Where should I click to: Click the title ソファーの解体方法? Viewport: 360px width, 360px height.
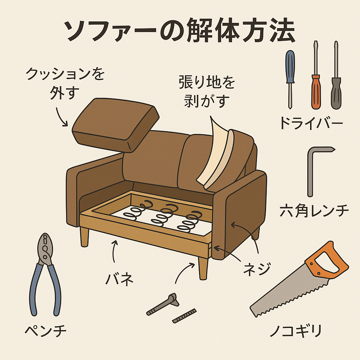(x=180, y=31)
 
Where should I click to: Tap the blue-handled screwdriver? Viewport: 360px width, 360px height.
(x=290, y=79)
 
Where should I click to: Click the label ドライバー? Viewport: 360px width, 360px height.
(x=311, y=123)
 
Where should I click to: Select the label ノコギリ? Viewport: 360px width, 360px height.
(x=296, y=330)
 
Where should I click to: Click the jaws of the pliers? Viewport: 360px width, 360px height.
(x=45, y=247)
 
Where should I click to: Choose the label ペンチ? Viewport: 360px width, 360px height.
(x=46, y=330)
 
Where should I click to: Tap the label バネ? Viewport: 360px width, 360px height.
(x=119, y=278)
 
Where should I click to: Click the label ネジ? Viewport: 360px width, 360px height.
(x=257, y=268)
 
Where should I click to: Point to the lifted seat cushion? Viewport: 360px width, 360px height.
(x=115, y=125)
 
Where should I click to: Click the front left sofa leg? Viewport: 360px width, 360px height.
(x=84, y=237)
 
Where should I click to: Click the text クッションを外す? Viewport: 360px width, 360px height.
(x=65, y=83)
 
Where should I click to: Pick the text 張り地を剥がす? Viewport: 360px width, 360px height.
(x=207, y=92)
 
